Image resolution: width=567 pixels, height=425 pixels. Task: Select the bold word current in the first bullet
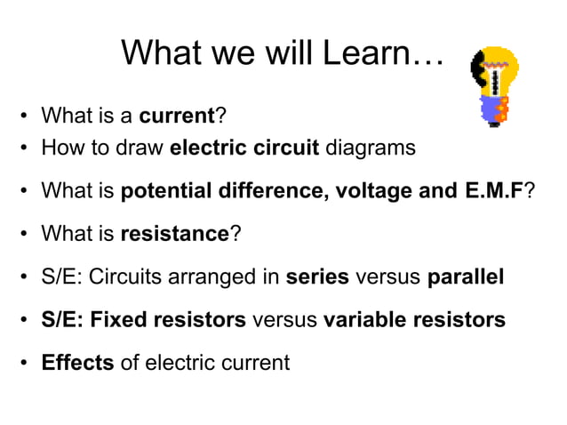178,116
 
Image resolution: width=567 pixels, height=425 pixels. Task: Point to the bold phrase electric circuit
244,148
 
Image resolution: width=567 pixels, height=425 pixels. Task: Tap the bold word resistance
175,234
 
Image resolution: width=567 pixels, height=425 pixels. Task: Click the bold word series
318,277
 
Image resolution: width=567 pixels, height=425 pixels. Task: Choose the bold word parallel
466,277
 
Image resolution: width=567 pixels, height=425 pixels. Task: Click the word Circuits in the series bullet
122,277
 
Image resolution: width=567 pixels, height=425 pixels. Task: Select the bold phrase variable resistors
414,319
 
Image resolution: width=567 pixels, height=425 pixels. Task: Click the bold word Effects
77,363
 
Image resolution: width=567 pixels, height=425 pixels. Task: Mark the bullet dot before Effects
27,364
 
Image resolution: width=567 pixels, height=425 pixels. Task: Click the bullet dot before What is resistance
27,235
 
